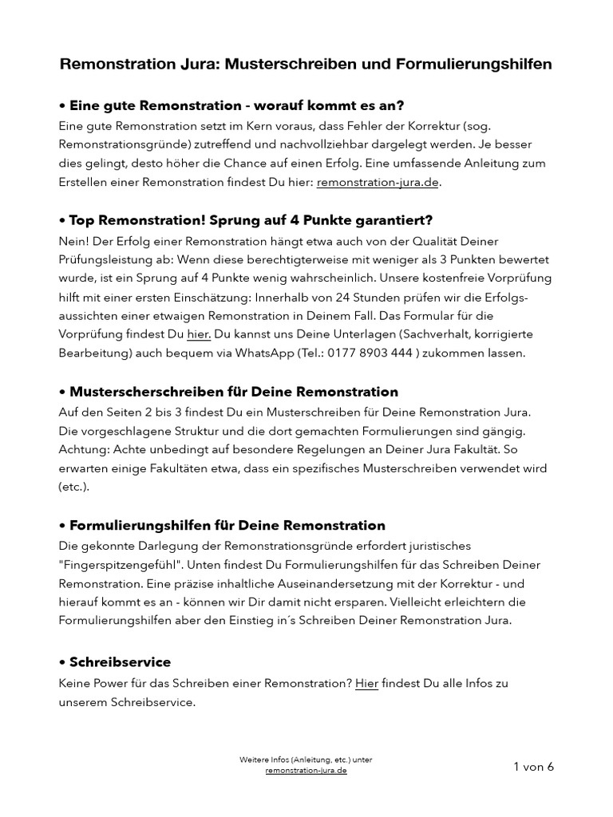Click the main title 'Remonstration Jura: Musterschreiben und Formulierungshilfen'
click(x=306, y=65)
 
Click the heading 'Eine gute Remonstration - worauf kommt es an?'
click(x=231, y=105)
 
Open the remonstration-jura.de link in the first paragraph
click(x=378, y=182)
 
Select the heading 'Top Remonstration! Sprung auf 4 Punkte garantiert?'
click(x=246, y=219)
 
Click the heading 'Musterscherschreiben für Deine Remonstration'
click(x=228, y=392)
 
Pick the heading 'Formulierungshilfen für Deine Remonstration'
click(x=222, y=526)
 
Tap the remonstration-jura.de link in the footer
click(x=306, y=772)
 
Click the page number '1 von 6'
click(x=533, y=767)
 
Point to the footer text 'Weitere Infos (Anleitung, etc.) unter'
click(x=306, y=760)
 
